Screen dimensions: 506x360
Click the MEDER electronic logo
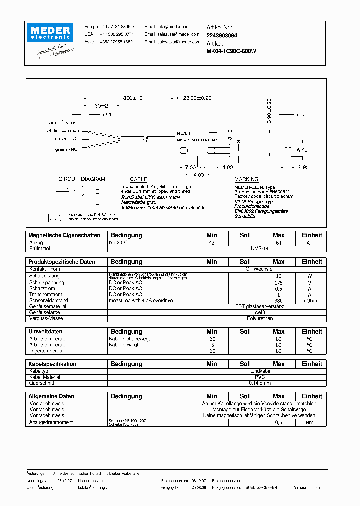[x=52, y=32]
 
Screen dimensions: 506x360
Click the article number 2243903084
[x=222, y=36]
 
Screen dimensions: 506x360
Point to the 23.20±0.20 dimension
[x=198, y=98]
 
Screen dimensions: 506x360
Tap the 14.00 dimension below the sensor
[x=197, y=175]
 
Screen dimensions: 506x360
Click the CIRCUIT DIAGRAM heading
[x=82, y=179]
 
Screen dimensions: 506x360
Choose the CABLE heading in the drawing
[x=138, y=179]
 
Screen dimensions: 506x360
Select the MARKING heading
[x=246, y=179]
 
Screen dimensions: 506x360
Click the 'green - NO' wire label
[x=66, y=149]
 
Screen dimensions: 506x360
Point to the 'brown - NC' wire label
[x=66, y=140]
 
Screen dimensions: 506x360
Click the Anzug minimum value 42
[x=212, y=242]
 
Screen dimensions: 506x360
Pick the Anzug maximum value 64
[x=278, y=242]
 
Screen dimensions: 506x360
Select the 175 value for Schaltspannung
[x=278, y=282]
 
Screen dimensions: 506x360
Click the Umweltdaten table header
[x=45, y=331]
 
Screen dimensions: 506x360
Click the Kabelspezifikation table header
[x=52, y=364]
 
